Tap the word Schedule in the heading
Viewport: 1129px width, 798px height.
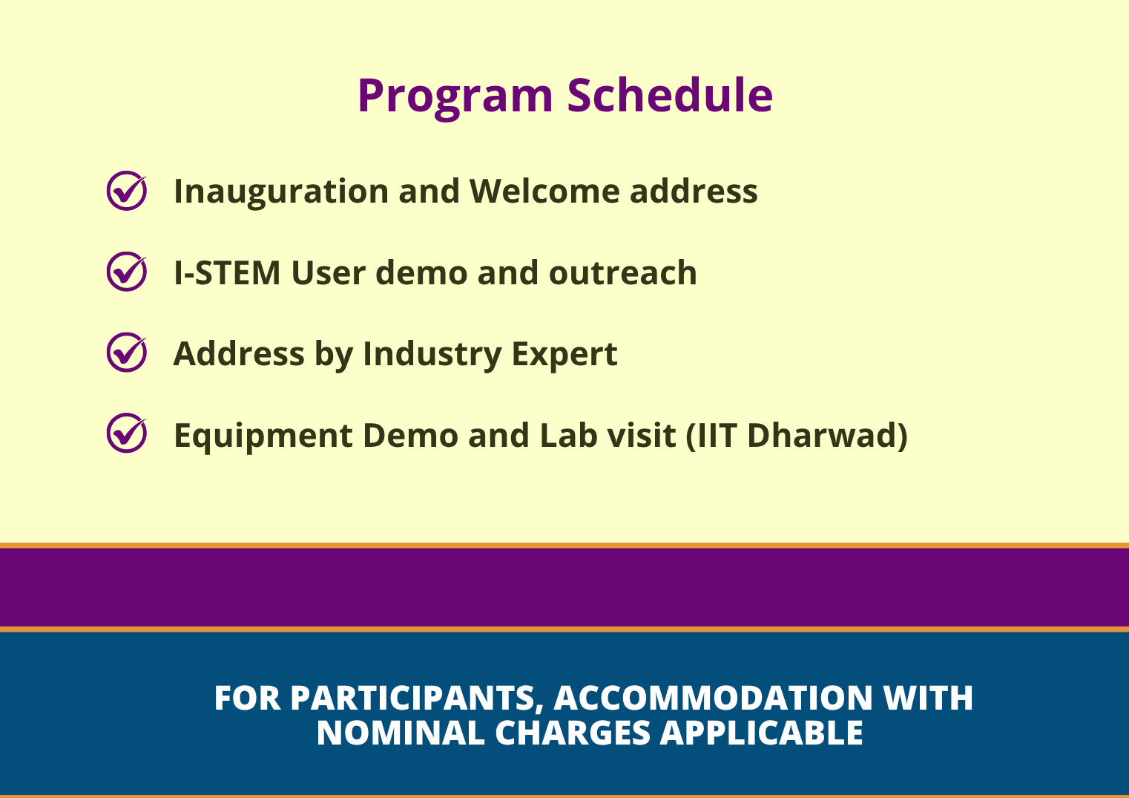670,95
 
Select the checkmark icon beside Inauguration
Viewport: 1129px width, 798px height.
127,191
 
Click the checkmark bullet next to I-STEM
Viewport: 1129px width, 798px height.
127,272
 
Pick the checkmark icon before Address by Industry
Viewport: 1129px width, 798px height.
127,352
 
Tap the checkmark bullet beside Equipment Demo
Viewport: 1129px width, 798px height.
127,433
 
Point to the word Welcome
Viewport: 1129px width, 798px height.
545,192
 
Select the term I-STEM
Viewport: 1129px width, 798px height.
227,273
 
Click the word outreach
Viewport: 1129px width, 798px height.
622,273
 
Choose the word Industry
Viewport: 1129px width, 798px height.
432,355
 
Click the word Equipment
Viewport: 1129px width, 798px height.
263,436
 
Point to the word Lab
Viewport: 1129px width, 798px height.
568,435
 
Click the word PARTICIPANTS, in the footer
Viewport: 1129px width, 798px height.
417,699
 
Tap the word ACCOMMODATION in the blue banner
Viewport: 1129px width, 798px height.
713,698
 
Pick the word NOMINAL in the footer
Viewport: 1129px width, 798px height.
401,733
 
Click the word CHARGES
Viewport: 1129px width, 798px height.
573,733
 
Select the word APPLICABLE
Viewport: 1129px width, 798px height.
762,733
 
